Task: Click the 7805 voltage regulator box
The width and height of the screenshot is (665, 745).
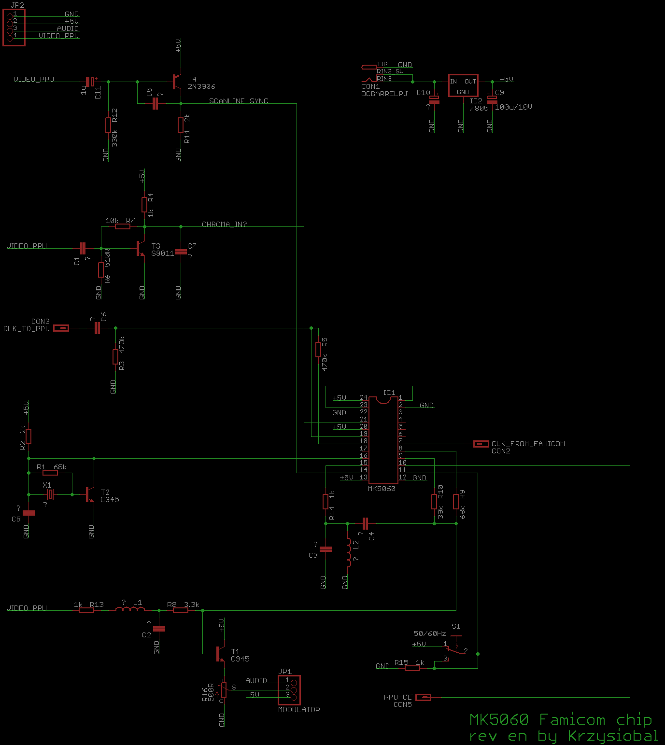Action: click(463, 86)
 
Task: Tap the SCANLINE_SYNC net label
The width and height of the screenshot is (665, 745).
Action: click(239, 101)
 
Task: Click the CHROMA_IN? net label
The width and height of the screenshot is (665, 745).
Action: click(224, 224)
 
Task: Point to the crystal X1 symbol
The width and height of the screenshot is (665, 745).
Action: click(50, 494)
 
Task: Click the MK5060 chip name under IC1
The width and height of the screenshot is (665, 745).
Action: click(382, 489)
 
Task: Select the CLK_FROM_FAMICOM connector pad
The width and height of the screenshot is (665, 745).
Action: click(481, 444)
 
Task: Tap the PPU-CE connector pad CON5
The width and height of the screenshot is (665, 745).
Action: click(423, 697)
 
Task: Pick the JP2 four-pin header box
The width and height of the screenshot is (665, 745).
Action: click(14, 28)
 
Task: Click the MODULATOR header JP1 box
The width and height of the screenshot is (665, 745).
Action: click(289, 689)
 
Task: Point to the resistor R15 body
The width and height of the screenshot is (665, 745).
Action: click(412, 668)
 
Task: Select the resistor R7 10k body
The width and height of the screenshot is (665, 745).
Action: click(123, 226)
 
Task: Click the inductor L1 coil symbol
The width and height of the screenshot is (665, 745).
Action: click(130, 609)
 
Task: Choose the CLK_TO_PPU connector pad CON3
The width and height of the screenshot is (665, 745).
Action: click(61, 328)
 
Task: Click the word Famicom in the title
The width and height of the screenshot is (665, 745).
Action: click(572, 720)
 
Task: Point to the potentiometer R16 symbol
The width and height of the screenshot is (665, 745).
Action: click(224, 689)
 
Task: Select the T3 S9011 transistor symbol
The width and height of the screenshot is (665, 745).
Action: click(140, 249)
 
